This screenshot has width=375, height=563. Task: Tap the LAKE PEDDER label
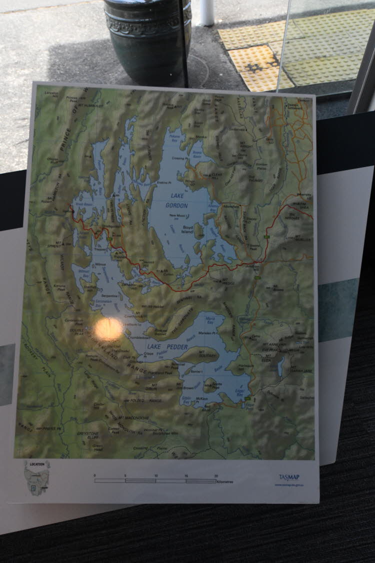tap(160, 345)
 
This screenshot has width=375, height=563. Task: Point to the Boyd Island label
tap(187, 230)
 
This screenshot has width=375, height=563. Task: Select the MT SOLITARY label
tap(206, 354)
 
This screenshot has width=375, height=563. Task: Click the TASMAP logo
tap(289, 477)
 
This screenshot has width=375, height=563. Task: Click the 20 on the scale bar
tap(216, 475)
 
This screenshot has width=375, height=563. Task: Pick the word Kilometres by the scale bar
tap(226, 481)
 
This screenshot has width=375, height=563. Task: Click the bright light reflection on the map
tap(108, 329)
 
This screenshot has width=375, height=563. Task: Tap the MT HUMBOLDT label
tap(88, 106)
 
